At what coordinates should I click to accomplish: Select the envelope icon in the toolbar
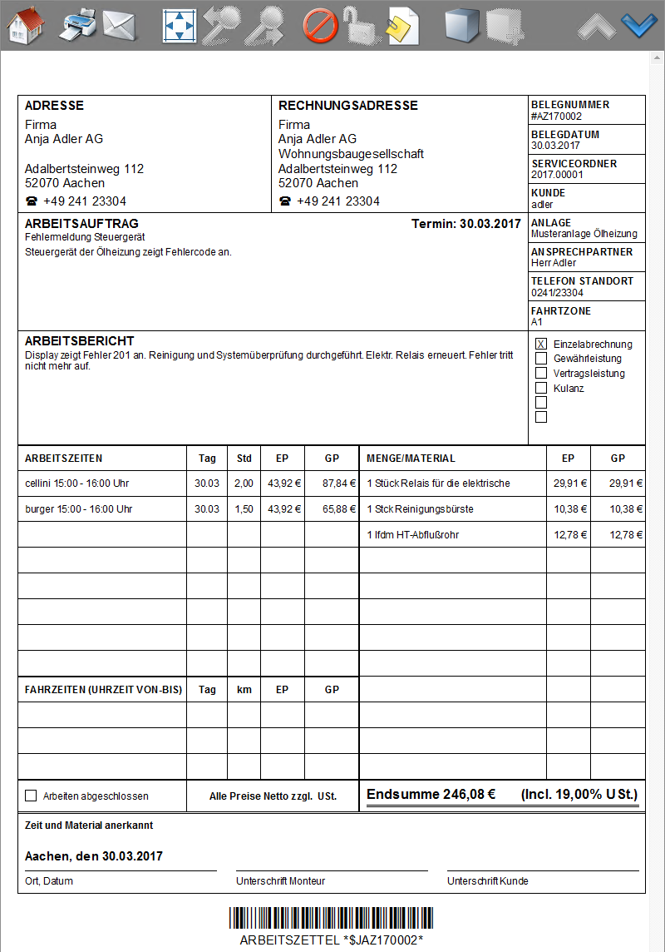119,26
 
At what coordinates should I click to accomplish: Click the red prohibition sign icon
319,26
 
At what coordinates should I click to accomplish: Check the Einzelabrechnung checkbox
541,344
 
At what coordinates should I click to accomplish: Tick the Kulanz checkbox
541,388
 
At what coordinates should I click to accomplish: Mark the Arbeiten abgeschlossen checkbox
32,796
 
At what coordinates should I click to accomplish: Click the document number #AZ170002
557,117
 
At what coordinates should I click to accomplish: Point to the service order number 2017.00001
557,175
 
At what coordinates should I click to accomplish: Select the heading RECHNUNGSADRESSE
348,106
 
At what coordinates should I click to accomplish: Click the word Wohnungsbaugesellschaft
351,154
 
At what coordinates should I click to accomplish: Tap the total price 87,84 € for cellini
339,483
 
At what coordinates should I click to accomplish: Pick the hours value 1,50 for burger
244,509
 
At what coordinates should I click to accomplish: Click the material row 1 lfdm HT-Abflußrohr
413,535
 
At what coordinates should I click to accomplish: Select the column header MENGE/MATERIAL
411,459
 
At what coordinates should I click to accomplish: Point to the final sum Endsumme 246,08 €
431,794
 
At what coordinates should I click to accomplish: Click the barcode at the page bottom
332,918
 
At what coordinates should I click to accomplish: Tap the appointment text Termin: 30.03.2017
465,224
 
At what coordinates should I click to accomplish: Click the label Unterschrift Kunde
487,881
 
